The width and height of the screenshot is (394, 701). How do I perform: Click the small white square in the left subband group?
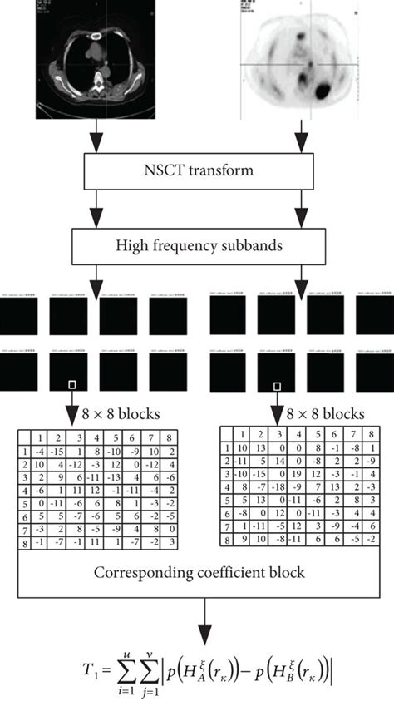(72, 385)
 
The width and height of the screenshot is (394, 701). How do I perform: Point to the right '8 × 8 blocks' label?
(321, 414)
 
